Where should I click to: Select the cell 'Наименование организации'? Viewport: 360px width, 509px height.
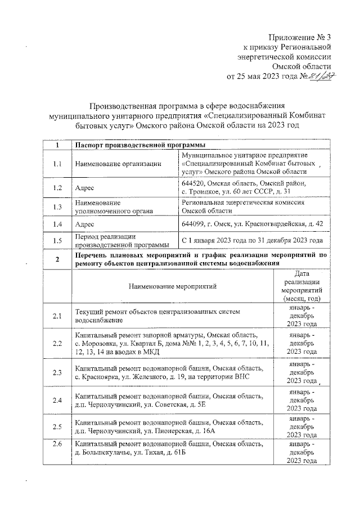[115, 164]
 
